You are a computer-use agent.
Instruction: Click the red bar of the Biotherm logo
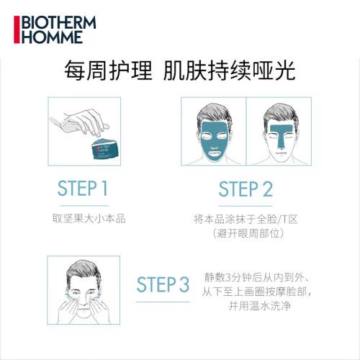pos(17,30)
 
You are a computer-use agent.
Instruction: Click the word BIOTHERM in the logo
pos(59,23)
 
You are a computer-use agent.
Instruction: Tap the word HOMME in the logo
pos(53,37)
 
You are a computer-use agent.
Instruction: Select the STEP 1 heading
pos(82,189)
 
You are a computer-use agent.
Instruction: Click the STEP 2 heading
pos(246,189)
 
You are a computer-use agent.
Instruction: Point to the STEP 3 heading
pos(163,284)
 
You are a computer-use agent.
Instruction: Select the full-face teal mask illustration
pos(214,141)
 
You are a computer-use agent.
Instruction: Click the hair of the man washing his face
pos(83,269)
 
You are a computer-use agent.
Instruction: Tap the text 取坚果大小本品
pos(89,219)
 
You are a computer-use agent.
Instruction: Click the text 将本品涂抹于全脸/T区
pos(246,219)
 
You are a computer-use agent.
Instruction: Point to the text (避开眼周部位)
pos(248,233)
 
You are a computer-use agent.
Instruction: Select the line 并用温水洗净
pos(260,306)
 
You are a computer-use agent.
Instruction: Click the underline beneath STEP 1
pos(85,206)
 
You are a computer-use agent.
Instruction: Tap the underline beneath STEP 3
pos(163,302)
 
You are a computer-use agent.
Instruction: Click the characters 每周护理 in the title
pos(108,71)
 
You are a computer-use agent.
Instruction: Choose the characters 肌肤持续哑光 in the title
pos(230,71)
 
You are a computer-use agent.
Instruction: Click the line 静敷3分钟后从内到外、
pos(257,278)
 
